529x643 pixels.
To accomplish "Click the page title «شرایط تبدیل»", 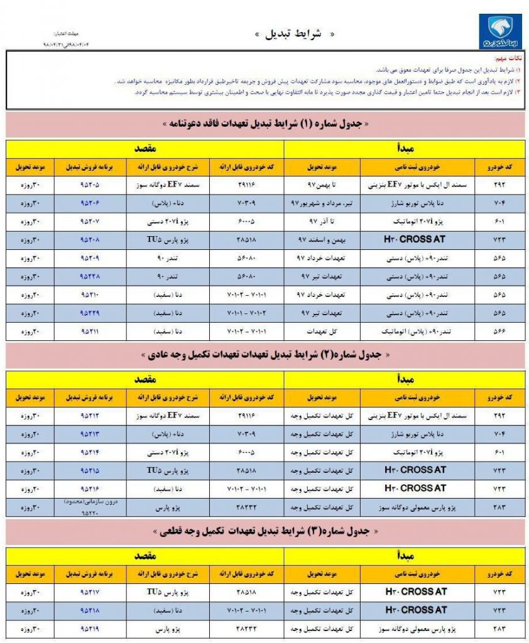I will coord(290,34).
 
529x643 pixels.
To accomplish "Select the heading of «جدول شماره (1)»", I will coord(266,124).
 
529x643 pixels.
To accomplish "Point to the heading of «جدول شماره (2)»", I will coord(266,355).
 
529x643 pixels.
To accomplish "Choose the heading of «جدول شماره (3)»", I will coord(266,531).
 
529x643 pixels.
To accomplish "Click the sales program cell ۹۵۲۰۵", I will coord(90,185).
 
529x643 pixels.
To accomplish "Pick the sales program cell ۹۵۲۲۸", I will coord(90,276).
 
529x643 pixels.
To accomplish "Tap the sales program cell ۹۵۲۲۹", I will coord(90,313).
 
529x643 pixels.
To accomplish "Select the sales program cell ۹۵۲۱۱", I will coord(90,331).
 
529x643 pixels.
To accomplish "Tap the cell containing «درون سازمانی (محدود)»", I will coord(90,502).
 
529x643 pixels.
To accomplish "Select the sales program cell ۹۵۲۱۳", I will coord(90,434).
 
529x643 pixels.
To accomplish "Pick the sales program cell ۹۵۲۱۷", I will coord(90,592).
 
